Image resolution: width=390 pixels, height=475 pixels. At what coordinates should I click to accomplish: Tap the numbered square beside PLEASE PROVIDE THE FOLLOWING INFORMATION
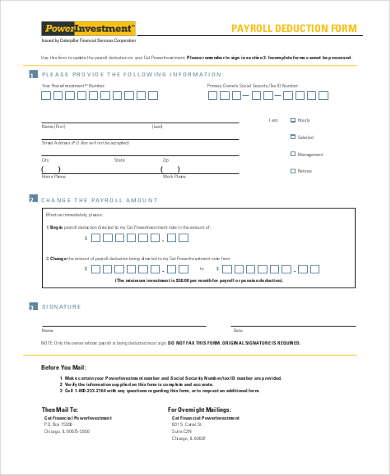pos(32,74)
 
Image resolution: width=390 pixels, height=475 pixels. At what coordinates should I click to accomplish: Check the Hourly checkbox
pos(291,119)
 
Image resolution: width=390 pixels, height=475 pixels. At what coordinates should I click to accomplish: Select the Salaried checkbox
pos(291,136)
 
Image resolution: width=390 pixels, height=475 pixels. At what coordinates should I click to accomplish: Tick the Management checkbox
pos(291,153)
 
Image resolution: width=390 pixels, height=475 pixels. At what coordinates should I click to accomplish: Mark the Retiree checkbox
pos(291,170)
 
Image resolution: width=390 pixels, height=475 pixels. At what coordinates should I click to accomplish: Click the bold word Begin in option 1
pos(55,229)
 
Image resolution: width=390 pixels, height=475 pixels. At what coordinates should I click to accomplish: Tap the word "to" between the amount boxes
pos(201,269)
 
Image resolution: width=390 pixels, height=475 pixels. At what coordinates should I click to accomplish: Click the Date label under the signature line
pos(237,329)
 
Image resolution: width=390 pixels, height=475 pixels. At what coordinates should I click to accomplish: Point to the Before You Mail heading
pos(70,368)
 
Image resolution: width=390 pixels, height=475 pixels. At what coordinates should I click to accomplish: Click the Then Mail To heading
pos(63,410)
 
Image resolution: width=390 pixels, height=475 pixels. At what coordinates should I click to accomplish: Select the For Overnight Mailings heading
pos(205,410)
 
